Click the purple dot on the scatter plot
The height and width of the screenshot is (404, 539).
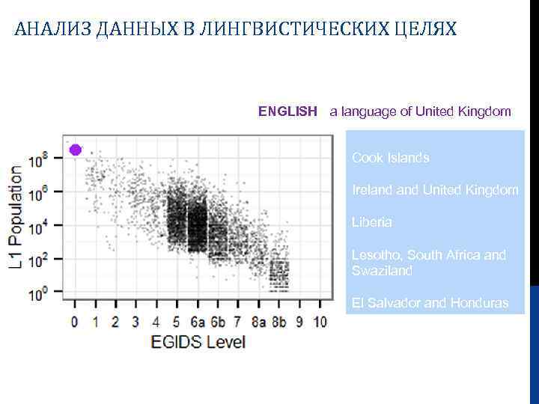click(75, 150)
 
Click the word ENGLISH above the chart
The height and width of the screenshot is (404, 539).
click(287, 111)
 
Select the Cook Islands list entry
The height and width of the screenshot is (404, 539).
click(390, 158)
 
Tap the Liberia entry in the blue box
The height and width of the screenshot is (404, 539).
click(371, 222)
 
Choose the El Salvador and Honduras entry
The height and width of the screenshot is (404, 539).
click(430, 303)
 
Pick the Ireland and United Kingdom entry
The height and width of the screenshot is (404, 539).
click(435, 190)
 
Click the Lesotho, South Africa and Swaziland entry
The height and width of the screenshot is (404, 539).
click(428, 263)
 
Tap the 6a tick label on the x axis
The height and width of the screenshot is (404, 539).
click(197, 322)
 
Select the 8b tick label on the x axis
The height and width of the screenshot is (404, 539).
click(279, 322)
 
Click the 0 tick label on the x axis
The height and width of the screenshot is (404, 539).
click(74, 322)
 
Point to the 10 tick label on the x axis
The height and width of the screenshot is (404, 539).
click(320, 322)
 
